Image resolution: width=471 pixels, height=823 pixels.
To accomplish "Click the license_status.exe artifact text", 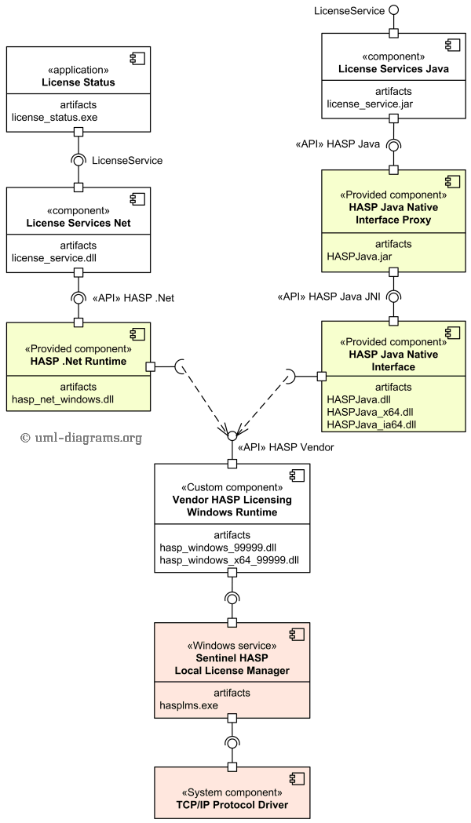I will (x=54, y=118).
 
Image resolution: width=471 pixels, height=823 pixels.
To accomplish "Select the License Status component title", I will (x=78, y=82).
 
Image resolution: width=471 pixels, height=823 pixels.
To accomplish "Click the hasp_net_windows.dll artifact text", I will (x=63, y=399).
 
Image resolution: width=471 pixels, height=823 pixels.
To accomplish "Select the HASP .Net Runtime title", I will (x=78, y=362).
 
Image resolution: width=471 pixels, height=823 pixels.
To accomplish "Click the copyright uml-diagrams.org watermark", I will (x=82, y=438).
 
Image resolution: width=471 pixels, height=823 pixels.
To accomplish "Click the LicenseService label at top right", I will (x=349, y=11).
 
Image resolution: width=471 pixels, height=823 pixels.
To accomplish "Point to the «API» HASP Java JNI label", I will (x=330, y=297).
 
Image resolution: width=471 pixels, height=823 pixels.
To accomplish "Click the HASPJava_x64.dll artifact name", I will (x=371, y=412).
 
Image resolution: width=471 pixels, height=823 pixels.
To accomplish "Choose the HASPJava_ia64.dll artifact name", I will (x=371, y=424).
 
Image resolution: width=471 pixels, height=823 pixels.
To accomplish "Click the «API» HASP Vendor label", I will (x=290, y=447).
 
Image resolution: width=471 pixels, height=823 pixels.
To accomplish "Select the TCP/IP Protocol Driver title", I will (x=232, y=805).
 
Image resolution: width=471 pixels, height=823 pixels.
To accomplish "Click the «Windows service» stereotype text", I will (x=232, y=646).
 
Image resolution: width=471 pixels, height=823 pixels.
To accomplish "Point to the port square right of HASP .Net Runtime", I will (x=151, y=366).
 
